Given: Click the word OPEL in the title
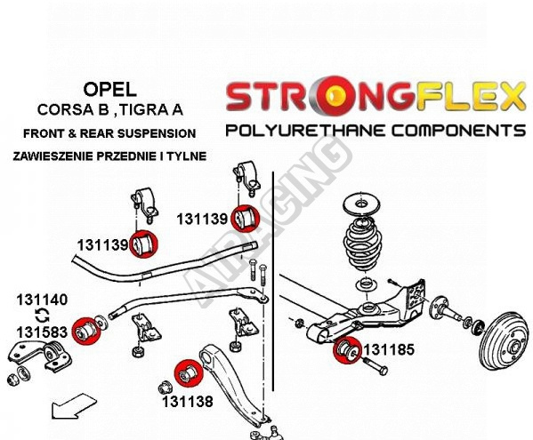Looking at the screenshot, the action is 109,90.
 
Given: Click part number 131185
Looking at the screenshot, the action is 389,349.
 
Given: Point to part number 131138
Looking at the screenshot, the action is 187,402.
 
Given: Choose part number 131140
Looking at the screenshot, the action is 42,300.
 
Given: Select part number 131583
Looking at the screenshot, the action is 42,332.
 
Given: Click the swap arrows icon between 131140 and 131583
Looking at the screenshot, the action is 43,316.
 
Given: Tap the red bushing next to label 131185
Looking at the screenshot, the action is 347,349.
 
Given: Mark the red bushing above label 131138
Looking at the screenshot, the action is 188,373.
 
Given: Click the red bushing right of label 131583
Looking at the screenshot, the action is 86,331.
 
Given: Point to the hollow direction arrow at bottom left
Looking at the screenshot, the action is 74,405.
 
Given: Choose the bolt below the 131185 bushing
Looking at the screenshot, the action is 376,366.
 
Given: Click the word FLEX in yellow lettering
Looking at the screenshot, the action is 470,96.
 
